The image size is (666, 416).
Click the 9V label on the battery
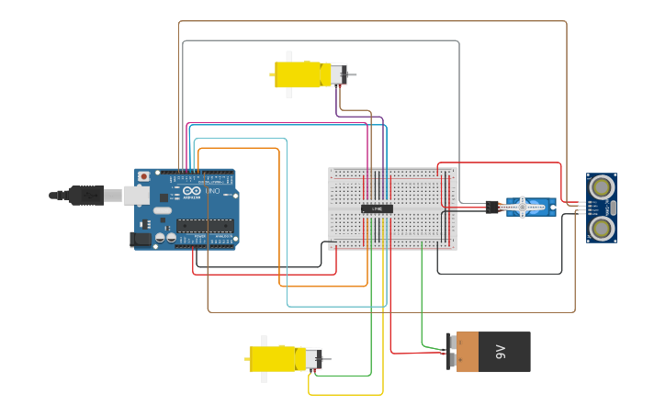pyautogui.click(x=501, y=352)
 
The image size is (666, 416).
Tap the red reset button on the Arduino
pyautogui.click(x=143, y=176)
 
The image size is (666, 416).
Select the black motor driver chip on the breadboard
pyautogui.click(x=377, y=208)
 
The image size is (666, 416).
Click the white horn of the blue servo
pyautogui.click(x=523, y=207)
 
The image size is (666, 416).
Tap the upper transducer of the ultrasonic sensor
pyautogui.click(x=602, y=187)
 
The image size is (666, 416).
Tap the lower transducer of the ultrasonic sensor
pyautogui.click(x=602, y=228)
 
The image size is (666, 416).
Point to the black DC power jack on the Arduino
pyautogui.click(x=140, y=239)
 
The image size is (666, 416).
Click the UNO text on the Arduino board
pyautogui.click(x=211, y=190)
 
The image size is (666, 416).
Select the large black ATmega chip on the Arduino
pyautogui.click(x=204, y=225)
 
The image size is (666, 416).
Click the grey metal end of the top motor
pyautogui.click(x=338, y=74)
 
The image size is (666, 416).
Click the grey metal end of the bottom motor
pyautogui.click(x=313, y=358)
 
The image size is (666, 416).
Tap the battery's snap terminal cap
pyautogui.click(x=451, y=352)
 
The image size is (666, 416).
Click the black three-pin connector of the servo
pyautogui.click(x=492, y=207)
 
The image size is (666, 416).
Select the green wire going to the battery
pyautogui.click(x=422, y=303)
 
